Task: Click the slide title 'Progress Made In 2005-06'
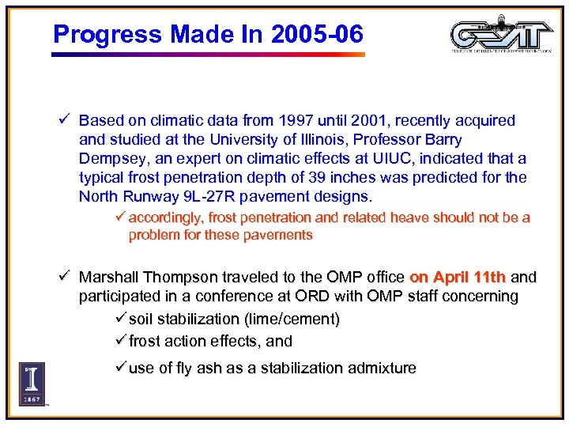click(208, 34)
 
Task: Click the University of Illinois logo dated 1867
click(32, 384)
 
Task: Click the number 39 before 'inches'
click(337, 178)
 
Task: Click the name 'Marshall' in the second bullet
click(108, 278)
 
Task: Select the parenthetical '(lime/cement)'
click(292, 319)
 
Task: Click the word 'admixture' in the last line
click(380, 368)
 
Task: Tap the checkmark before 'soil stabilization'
click(122, 319)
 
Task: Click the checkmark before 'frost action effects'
click(122, 342)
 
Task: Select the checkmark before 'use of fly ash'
click(122, 368)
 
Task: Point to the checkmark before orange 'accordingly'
click(121, 217)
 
